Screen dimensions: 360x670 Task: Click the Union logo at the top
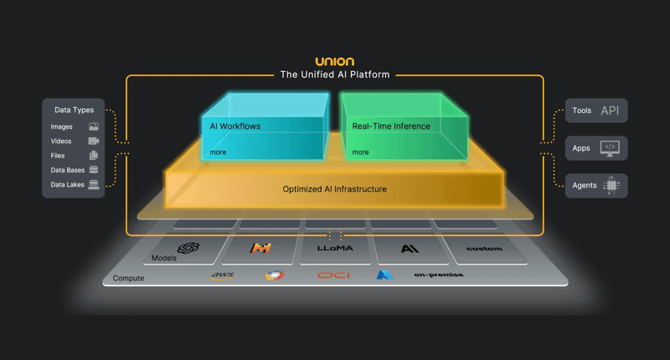click(334, 61)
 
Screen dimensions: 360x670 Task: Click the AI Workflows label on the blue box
click(234, 126)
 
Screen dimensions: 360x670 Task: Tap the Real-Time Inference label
click(391, 126)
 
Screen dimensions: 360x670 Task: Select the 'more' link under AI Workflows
click(218, 152)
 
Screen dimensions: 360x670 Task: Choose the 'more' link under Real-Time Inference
click(360, 152)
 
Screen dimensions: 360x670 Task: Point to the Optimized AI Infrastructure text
click(334, 189)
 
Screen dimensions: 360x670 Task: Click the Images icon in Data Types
click(94, 126)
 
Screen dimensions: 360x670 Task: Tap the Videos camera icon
click(94, 141)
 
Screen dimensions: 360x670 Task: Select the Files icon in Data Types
click(94, 155)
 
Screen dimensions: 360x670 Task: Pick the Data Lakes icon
click(94, 184)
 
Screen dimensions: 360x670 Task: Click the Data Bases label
click(68, 170)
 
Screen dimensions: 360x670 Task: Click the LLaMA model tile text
click(335, 249)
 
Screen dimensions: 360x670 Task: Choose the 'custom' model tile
click(484, 249)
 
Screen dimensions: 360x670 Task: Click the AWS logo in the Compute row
click(222, 275)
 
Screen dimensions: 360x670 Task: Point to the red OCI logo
click(333, 275)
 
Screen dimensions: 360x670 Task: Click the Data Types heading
click(74, 110)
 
